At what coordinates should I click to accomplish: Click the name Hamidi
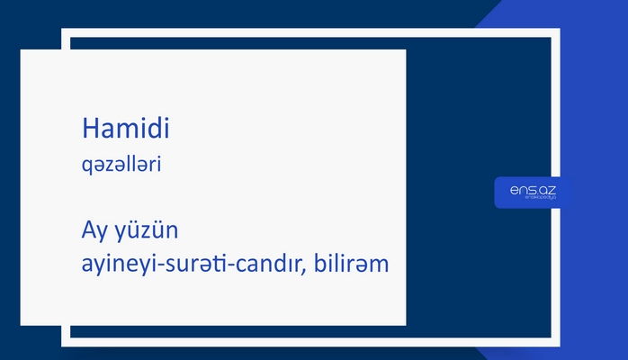click(x=126, y=130)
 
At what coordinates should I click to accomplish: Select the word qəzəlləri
click(x=121, y=166)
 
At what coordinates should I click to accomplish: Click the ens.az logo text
click(x=533, y=190)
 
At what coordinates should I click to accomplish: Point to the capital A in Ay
click(x=88, y=231)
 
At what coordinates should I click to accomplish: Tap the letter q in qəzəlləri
click(x=86, y=168)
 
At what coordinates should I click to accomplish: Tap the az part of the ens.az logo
click(x=547, y=190)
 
